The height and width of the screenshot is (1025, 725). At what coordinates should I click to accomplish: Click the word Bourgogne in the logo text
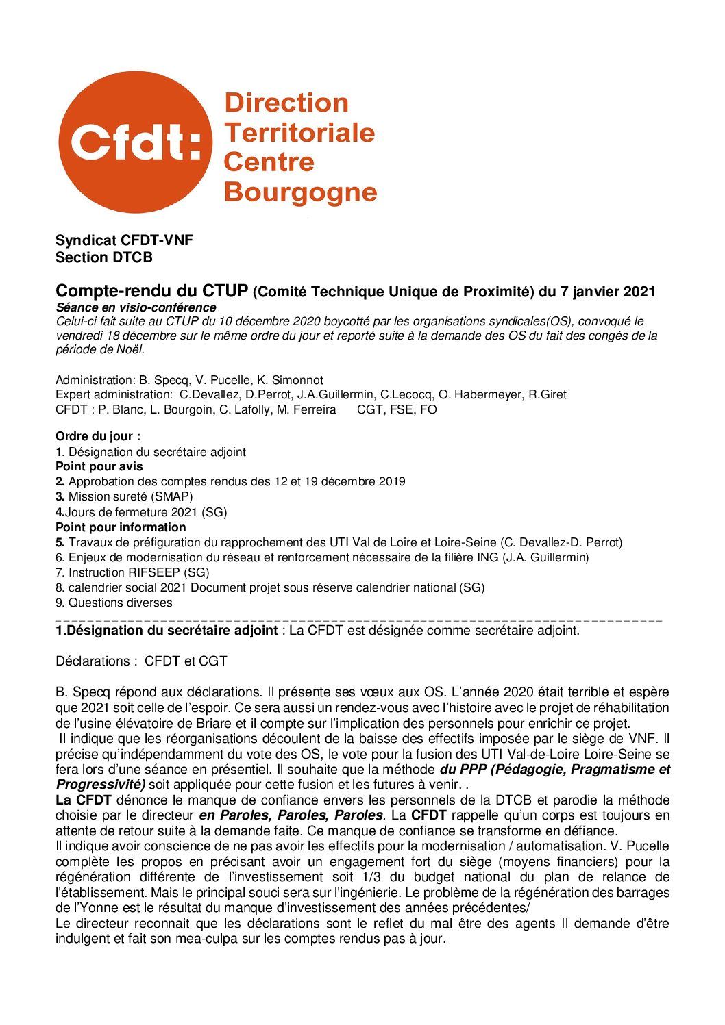point(300,192)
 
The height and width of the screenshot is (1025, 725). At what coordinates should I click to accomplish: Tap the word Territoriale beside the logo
point(299,132)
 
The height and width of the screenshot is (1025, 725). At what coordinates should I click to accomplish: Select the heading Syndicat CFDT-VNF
point(124,240)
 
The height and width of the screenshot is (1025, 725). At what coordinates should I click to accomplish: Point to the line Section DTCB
point(104,257)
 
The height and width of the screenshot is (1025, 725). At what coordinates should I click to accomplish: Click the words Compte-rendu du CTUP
point(151,291)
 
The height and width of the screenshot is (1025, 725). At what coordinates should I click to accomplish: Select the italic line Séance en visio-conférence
point(136,307)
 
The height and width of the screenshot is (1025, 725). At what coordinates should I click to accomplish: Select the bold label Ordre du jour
point(98,436)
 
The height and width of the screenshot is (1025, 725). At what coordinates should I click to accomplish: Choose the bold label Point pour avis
point(99,466)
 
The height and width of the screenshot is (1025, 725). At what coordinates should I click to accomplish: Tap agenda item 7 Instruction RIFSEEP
point(132,572)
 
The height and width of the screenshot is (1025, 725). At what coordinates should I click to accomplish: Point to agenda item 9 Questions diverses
point(114,603)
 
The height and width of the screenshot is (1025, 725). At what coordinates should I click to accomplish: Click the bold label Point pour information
point(121,527)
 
